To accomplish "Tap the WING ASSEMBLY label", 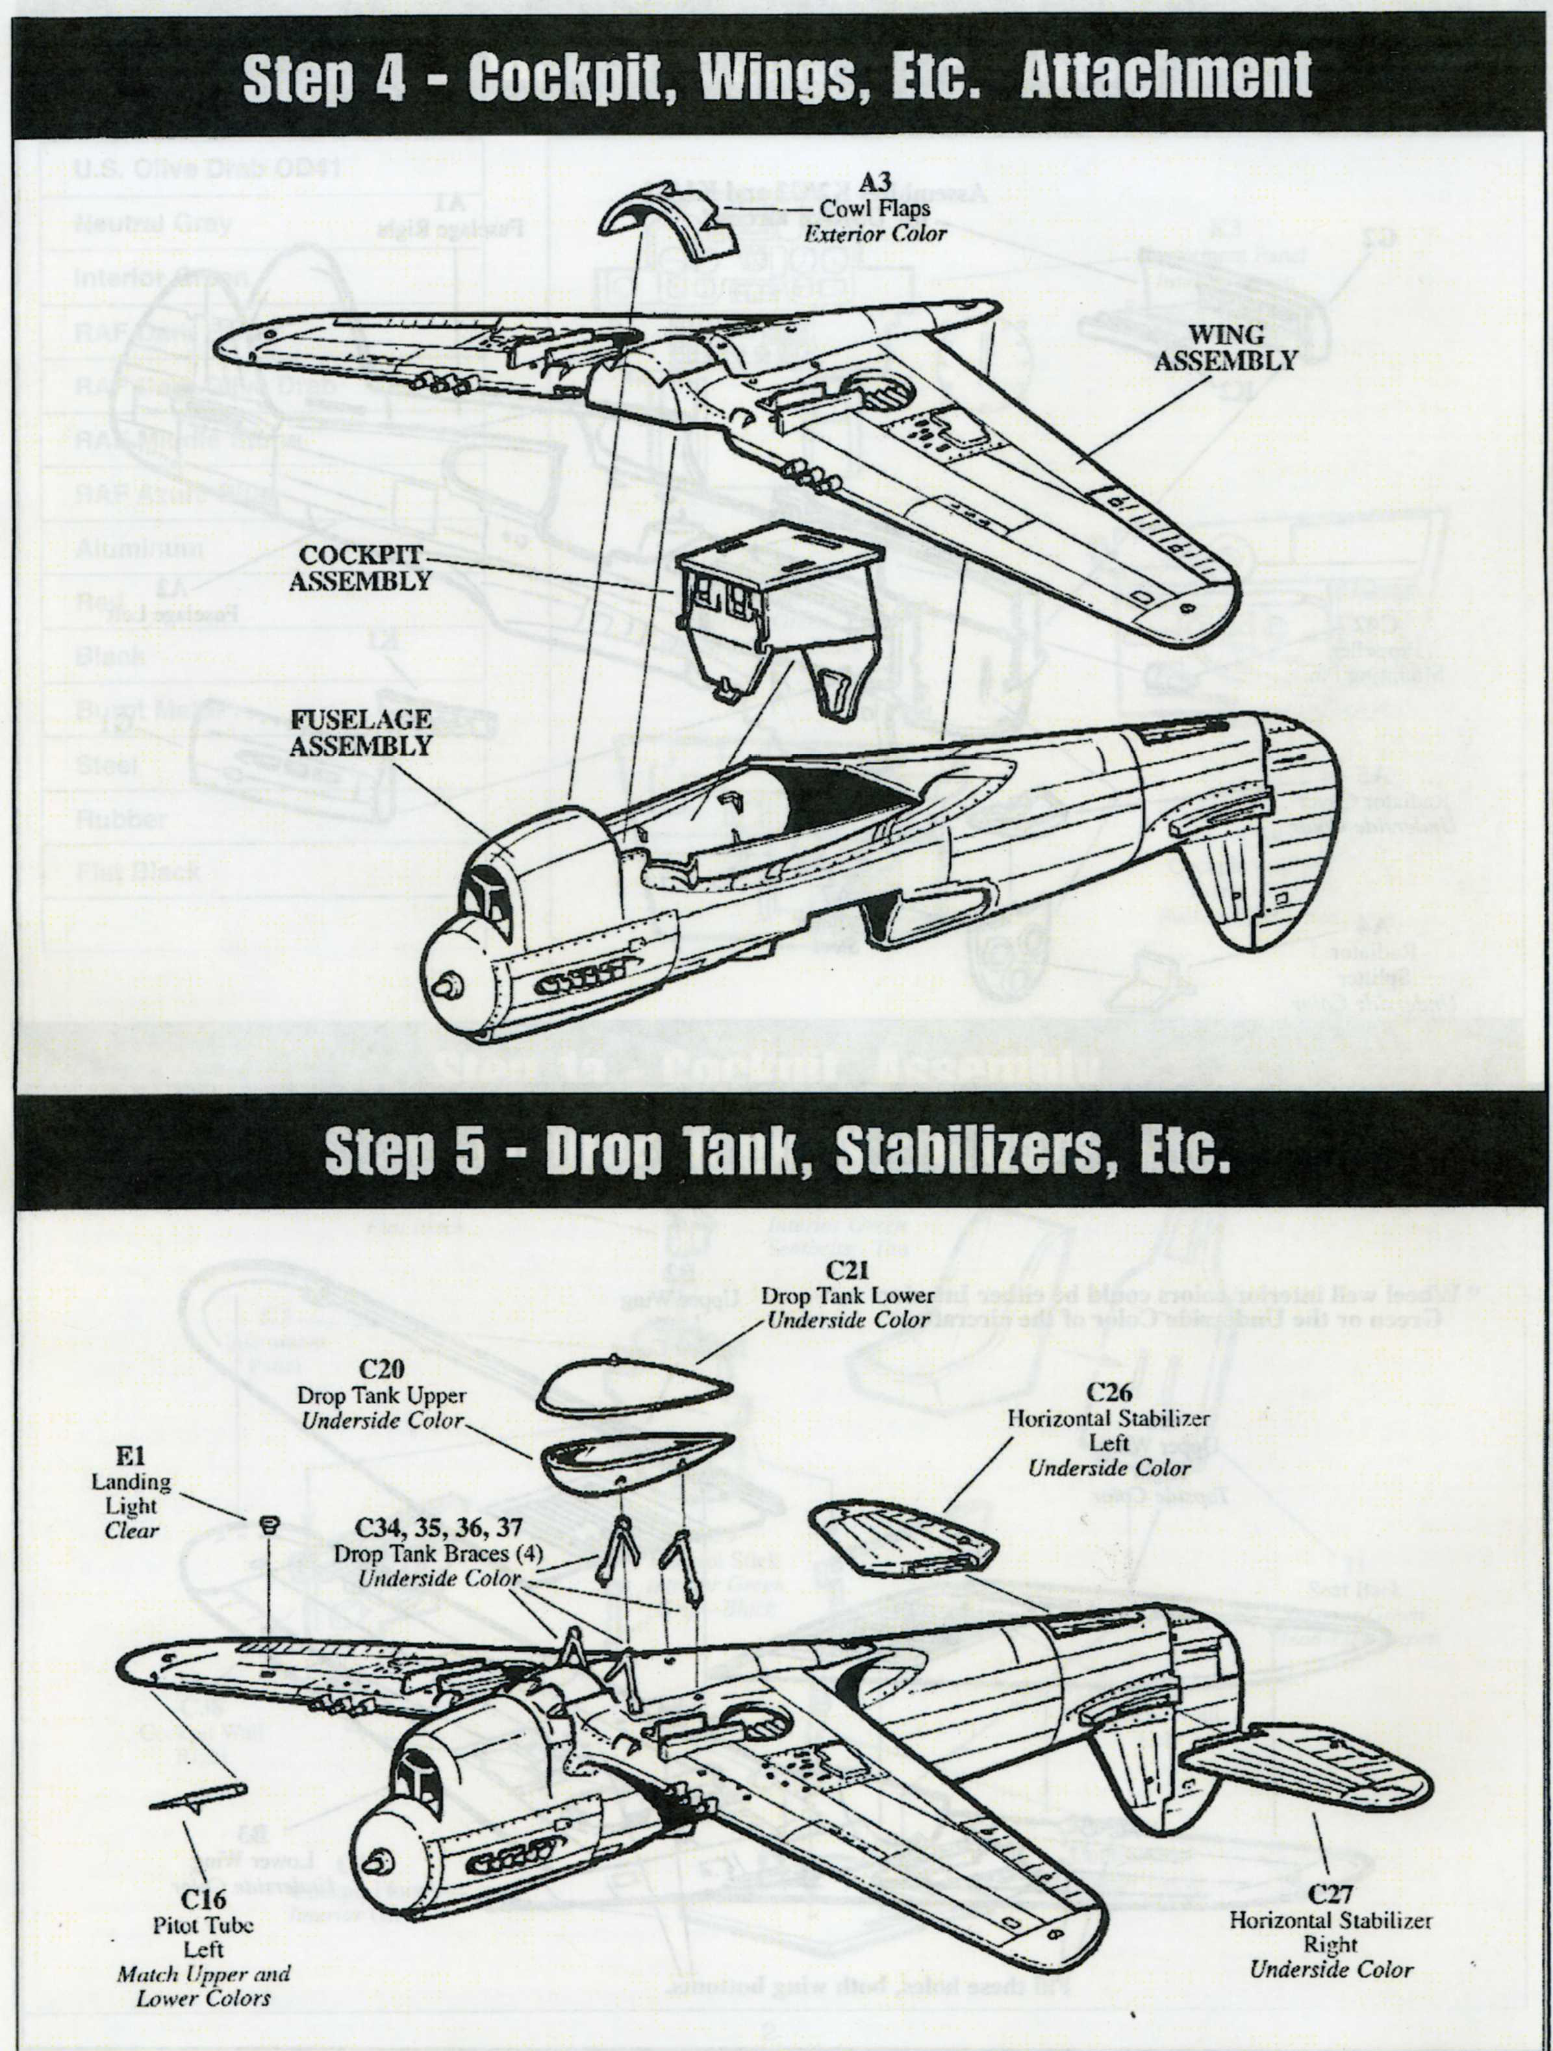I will (x=1225, y=347).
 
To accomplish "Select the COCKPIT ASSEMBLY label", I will (x=360, y=568).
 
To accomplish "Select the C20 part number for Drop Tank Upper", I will (x=382, y=1368).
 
